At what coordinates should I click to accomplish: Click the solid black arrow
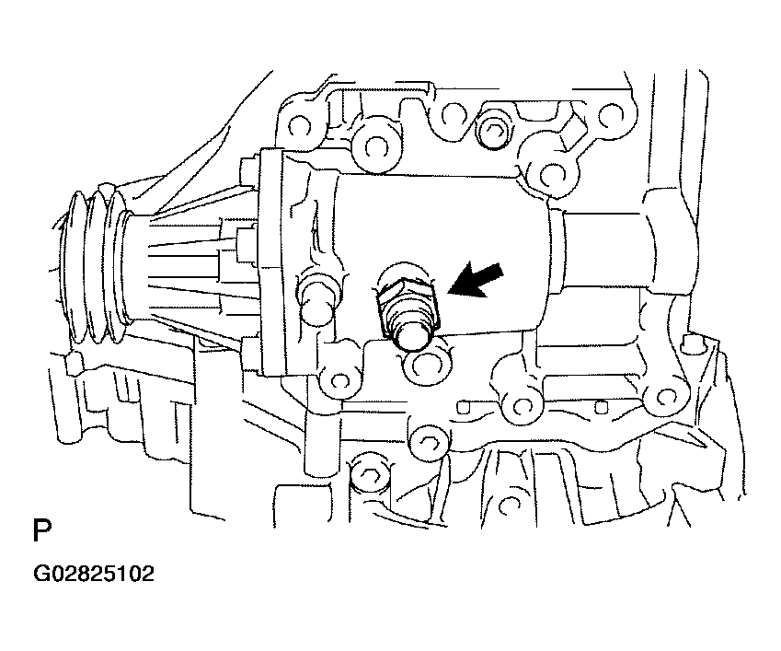click(x=477, y=280)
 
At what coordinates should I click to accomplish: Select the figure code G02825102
click(x=94, y=574)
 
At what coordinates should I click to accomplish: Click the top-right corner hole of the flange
click(x=611, y=117)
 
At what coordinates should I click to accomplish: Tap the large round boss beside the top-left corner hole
click(x=373, y=145)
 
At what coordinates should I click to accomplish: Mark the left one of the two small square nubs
click(x=464, y=407)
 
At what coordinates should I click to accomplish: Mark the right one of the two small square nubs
click(x=602, y=408)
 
